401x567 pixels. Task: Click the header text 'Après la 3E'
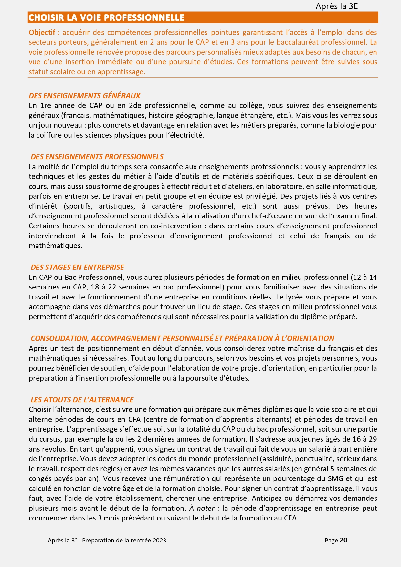coord(336,6)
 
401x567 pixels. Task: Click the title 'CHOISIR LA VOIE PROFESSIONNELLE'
coord(106,17)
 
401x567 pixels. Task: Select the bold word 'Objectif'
coord(42,32)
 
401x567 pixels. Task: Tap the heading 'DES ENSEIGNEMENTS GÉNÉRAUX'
coord(84,96)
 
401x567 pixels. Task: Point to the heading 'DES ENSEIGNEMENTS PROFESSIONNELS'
coord(97,157)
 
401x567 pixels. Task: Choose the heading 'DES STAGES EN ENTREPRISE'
coord(77,267)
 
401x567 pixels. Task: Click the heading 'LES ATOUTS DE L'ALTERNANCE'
coord(82,400)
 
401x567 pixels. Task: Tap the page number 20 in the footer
coord(343,540)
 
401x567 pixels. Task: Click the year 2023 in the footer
coord(160,541)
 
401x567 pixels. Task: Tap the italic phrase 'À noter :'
coord(204,508)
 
